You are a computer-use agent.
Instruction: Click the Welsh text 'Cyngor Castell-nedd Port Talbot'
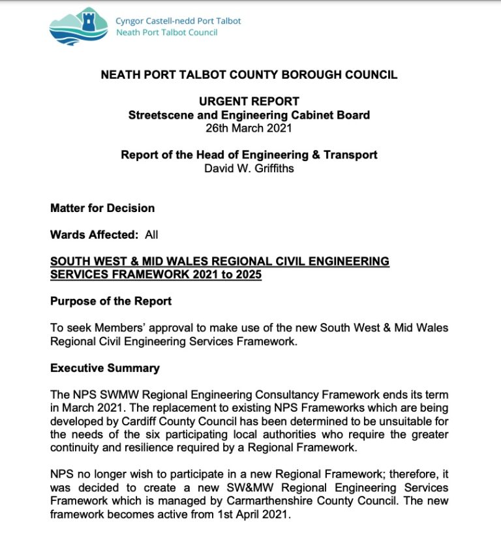click(178, 21)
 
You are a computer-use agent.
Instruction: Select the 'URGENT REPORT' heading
click(249, 101)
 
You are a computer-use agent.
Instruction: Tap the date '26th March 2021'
click(249, 127)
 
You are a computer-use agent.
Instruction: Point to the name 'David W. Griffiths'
click(249, 168)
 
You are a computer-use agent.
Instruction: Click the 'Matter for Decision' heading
click(102, 208)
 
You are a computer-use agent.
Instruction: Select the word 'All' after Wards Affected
click(151, 234)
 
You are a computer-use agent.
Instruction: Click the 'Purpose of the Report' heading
click(111, 301)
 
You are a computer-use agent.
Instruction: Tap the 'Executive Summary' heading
click(105, 368)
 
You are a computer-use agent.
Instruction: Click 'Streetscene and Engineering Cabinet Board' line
click(249, 115)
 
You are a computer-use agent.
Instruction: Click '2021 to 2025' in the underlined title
click(228, 275)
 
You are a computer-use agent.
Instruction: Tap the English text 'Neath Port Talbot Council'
click(166, 33)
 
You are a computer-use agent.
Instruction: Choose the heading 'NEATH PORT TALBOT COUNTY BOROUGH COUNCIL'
click(249, 74)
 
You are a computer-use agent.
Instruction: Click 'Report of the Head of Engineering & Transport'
click(249, 155)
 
